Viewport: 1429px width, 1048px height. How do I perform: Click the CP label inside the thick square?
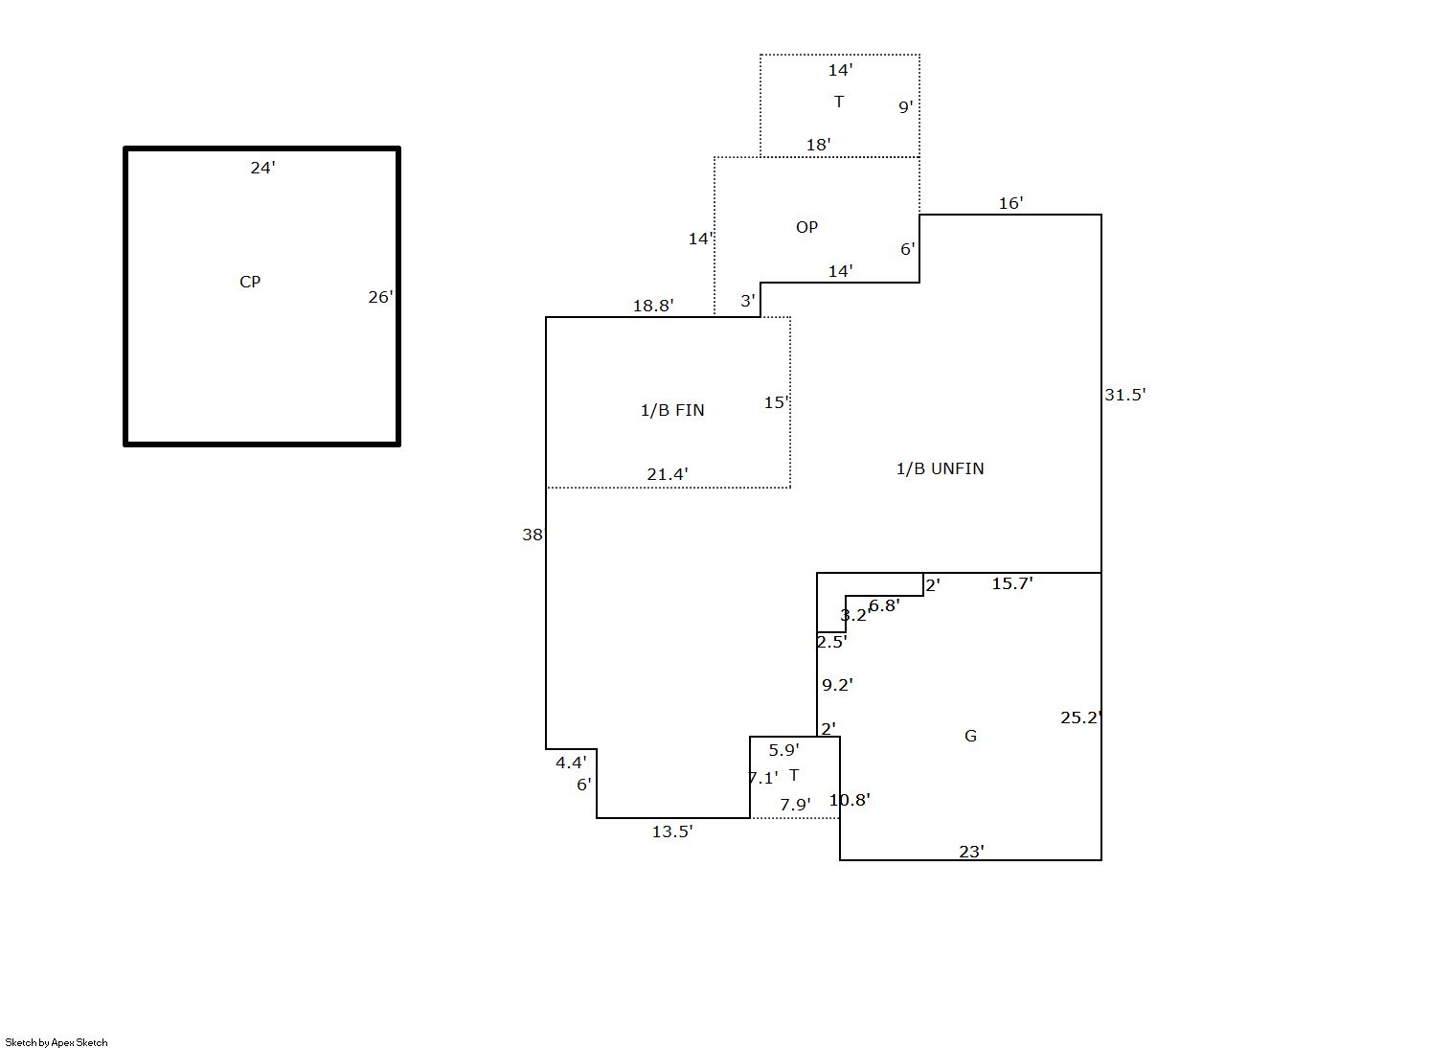point(250,282)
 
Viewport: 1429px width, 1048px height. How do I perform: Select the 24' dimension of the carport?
point(262,168)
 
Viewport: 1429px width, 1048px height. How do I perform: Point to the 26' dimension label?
point(380,297)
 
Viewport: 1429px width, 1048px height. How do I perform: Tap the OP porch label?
point(807,227)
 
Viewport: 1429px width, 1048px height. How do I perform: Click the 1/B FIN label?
point(672,410)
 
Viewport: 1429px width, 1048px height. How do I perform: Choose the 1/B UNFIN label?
point(940,468)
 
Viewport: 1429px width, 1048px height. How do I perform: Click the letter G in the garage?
point(970,736)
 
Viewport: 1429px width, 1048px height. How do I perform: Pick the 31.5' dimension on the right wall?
point(1125,395)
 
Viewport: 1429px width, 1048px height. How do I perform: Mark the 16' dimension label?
point(1010,203)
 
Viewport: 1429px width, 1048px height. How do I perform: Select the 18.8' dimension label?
point(653,306)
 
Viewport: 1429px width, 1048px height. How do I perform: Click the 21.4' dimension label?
point(668,474)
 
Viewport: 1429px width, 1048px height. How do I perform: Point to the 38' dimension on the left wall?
point(533,535)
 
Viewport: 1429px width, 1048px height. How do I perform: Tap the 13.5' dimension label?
point(672,832)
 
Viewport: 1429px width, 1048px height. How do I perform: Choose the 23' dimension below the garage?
point(971,852)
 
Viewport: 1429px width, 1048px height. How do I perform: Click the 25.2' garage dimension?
point(1081,718)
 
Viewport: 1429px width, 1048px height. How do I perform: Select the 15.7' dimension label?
point(1012,582)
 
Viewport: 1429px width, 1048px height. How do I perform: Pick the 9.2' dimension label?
point(838,685)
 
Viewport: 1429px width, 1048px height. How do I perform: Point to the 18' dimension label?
point(819,145)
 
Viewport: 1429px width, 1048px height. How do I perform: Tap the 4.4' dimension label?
point(571,763)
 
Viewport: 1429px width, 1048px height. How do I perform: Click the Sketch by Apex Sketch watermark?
point(57,1042)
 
